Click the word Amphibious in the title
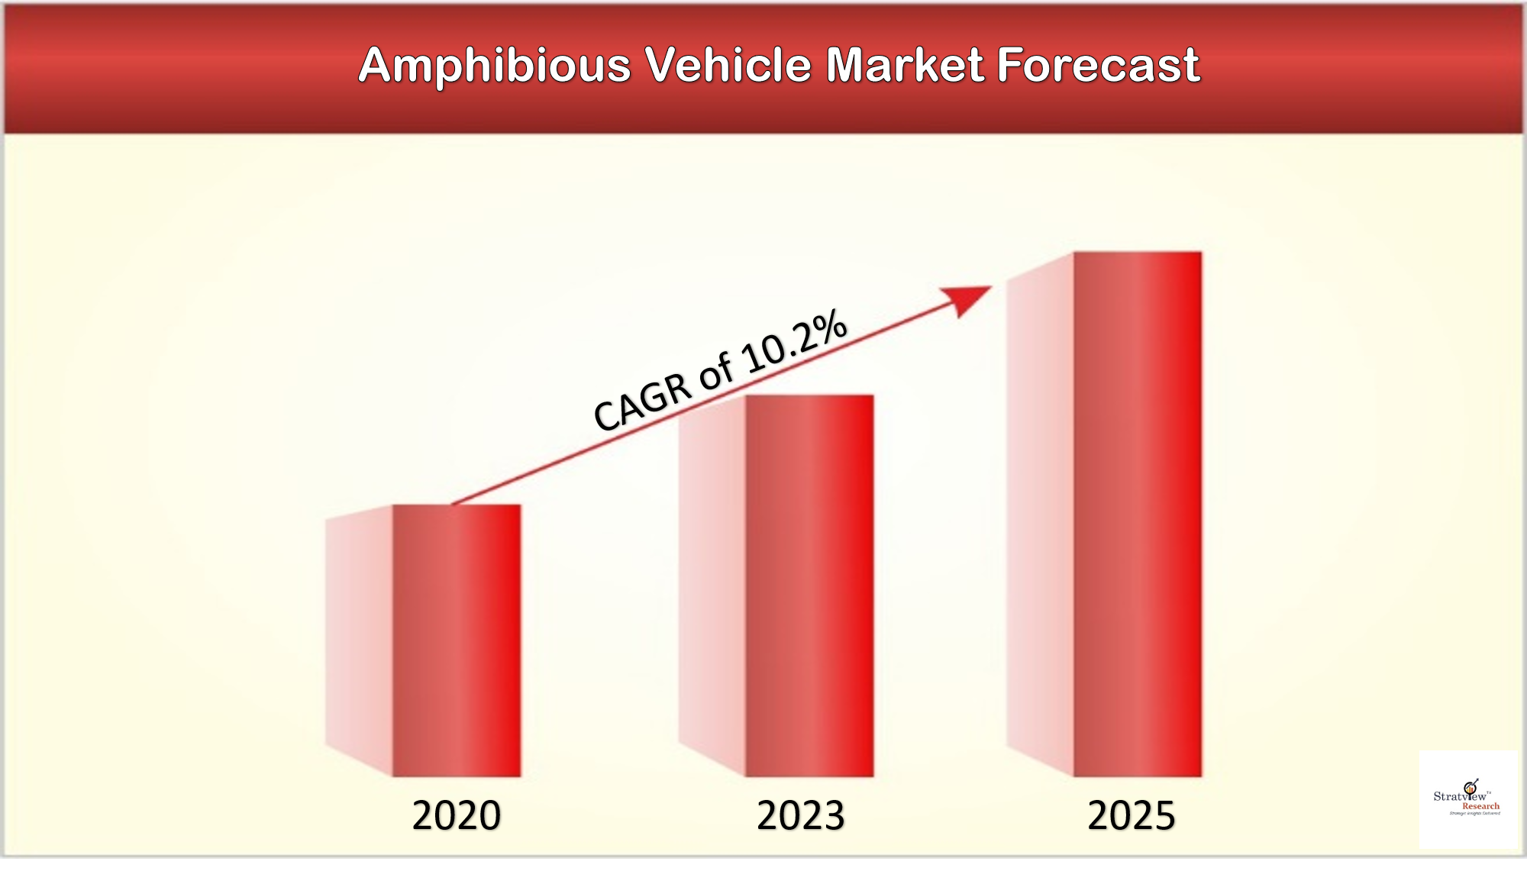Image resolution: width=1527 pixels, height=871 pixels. click(x=494, y=66)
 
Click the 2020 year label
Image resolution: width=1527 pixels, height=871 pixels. click(x=456, y=815)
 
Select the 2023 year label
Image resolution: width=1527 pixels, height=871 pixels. click(x=800, y=815)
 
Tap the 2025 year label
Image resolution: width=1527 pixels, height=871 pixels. click(x=1131, y=815)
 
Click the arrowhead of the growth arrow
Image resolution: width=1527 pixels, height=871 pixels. click(x=968, y=298)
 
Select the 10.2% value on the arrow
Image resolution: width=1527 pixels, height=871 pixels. click(x=794, y=344)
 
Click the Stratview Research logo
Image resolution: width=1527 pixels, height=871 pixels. click(x=1467, y=798)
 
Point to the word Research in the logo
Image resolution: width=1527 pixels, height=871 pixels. click(x=1480, y=806)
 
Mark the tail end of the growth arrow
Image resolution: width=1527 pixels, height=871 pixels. click(x=455, y=503)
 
